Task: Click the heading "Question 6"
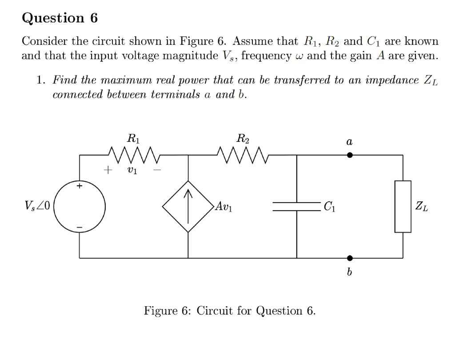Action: click(x=60, y=18)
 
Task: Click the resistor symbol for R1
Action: click(x=134, y=155)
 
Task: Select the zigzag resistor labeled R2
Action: click(x=243, y=155)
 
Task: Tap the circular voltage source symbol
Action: click(x=80, y=207)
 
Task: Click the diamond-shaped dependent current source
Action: click(x=188, y=207)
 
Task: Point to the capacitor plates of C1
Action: click(x=296, y=207)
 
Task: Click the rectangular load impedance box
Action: click(x=403, y=207)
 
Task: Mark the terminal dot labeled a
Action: click(x=350, y=155)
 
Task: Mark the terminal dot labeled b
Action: click(x=350, y=258)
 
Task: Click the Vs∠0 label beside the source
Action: click(x=38, y=207)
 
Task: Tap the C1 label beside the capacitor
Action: click(x=329, y=207)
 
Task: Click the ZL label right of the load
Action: click(x=422, y=207)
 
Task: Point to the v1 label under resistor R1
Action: click(x=132, y=170)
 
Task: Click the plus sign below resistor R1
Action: click(x=107, y=170)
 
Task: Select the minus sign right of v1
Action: click(x=157, y=170)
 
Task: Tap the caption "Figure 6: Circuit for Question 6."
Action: click(x=230, y=310)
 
